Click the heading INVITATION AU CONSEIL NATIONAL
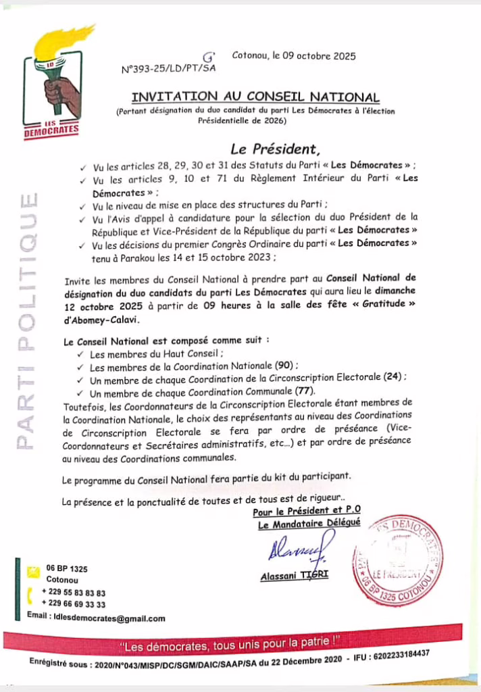[255, 97]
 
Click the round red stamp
[397, 558]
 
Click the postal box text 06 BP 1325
[66, 569]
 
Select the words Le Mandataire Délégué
[309, 524]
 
